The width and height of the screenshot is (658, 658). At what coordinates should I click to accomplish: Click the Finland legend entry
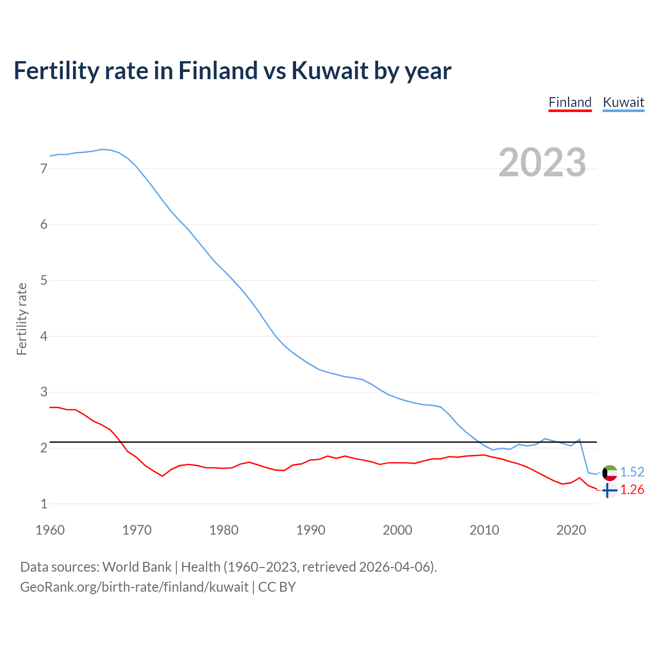pyautogui.click(x=570, y=102)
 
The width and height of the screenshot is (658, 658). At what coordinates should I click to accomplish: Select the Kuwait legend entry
pyautogui.click(x=623, y=102)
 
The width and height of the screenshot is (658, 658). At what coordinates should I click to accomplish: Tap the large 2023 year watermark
pyautogui.click(x=542, y=162)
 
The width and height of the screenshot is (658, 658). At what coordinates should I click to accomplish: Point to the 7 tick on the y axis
pyautogui.click(x=44, y=169)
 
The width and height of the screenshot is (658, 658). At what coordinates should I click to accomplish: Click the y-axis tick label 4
pyautogui.click(x=44, y=336)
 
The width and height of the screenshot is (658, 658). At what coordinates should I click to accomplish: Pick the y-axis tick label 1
pyautogui.click(x=44, y=504)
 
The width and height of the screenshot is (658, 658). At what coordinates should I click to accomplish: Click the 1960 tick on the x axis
pyautogui.click(x=50, y=530)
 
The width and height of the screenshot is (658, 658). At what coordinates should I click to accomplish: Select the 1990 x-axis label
pyautogui.click(x=310, y=530)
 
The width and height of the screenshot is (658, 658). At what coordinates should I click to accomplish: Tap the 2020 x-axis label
pyautogui.click(x=571, y=530)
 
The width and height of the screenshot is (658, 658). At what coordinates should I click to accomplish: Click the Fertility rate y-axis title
pyautogui.click(x=22, y=319)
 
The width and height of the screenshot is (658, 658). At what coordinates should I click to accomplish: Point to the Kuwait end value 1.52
pyautogui.click(x=632, y=472)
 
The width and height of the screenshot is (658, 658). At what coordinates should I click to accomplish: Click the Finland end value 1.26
pyautogui.click(x=632, y=489)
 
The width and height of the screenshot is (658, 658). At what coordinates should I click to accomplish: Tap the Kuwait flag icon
pyautogui.click(x=610, y=472)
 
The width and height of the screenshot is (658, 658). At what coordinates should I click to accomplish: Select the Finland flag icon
pyautogui.click(x=610, y=490)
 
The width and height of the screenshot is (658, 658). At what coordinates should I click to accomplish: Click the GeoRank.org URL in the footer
pyautogui.click(x=134, y=587)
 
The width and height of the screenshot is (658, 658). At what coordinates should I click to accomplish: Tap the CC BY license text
pyautogui.click(x=277, y=587)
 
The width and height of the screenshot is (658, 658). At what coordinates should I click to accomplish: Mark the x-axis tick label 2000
pyautogui.click(x=397, y=530)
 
